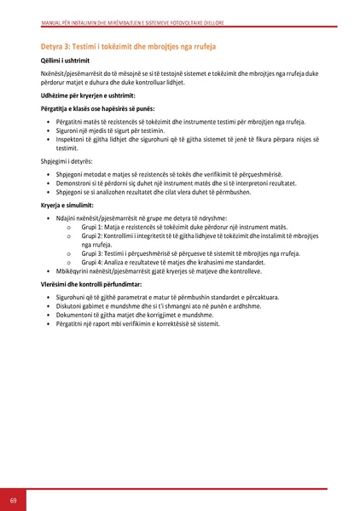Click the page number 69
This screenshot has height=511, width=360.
(x=13, y=498)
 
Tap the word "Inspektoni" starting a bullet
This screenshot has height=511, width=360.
(x=72, y=140)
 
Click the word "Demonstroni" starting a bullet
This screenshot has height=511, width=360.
(x=74, y=183)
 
